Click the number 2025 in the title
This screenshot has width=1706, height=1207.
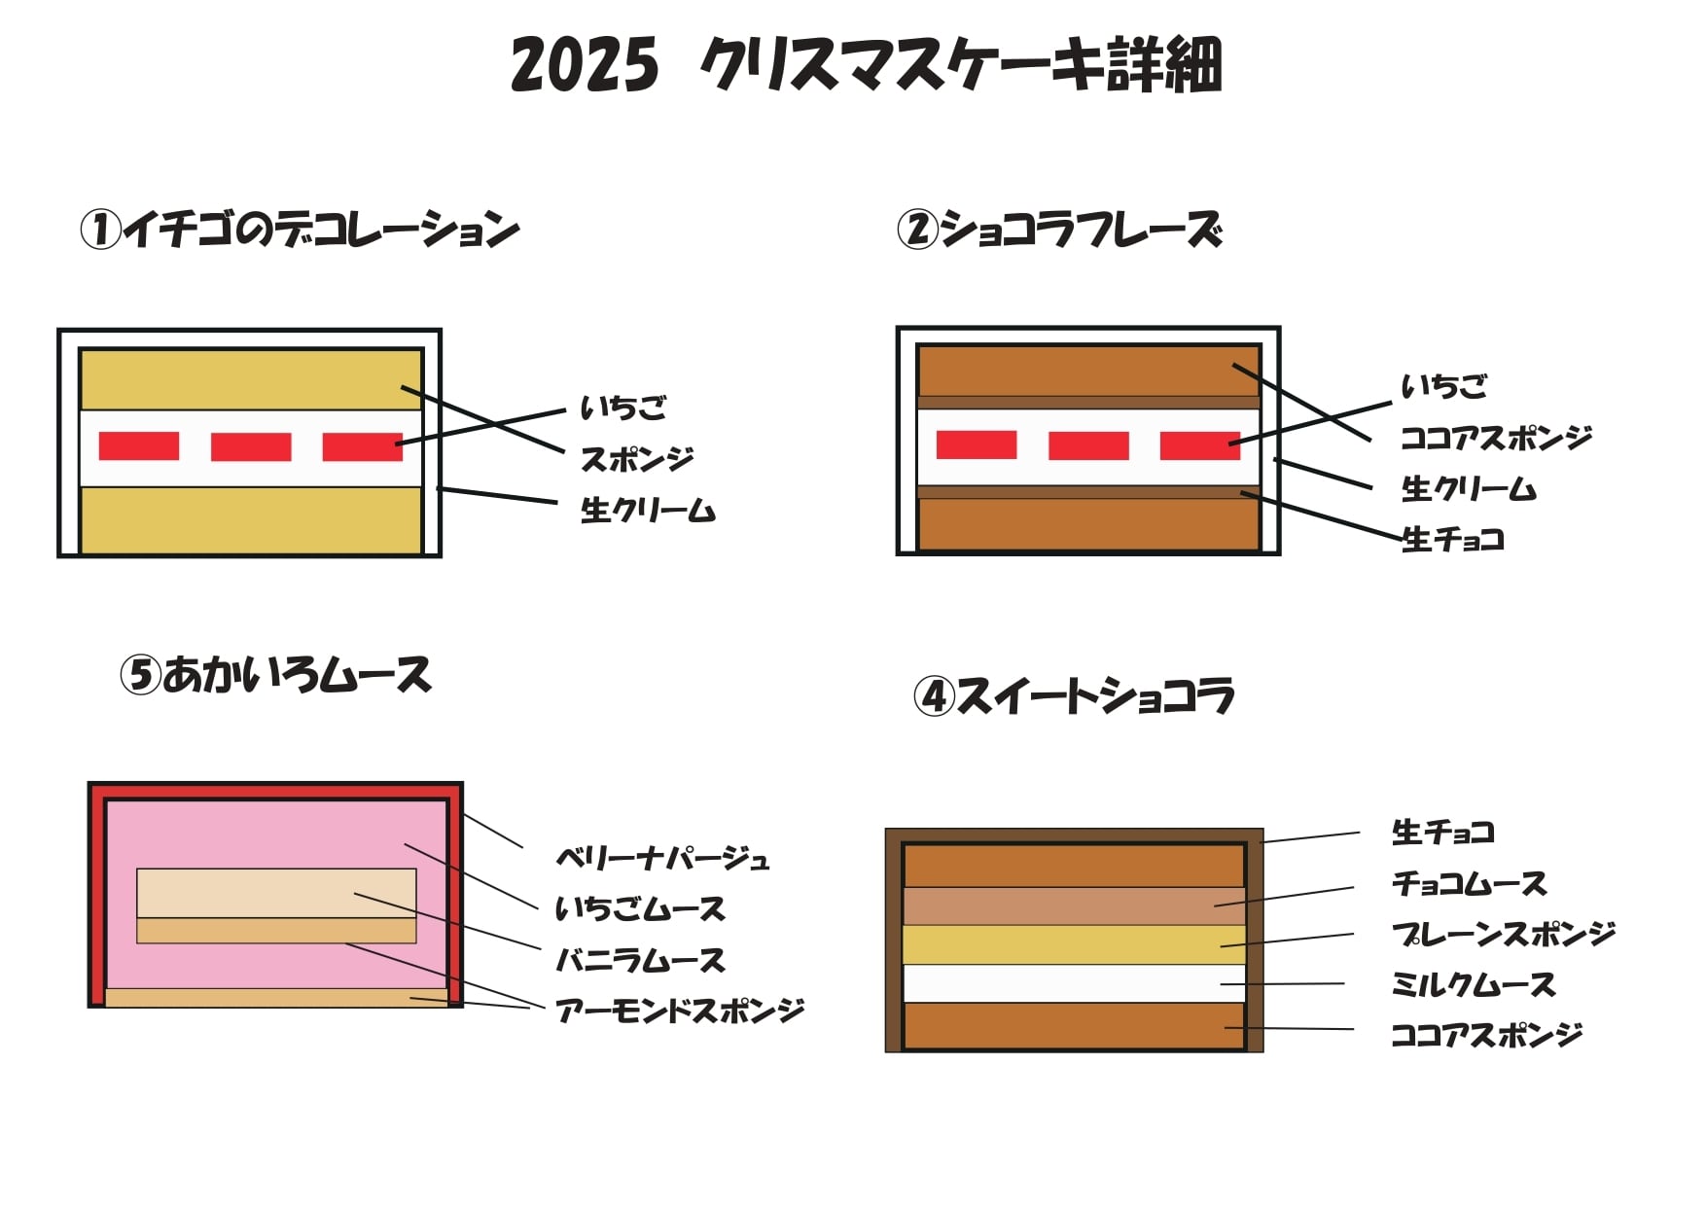pyautogui.click(x=585, y=66)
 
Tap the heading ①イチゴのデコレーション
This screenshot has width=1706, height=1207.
pyautogui.click(x=300, y=231)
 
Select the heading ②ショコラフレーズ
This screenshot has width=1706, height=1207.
pyautogui.click(x=1059, y=231)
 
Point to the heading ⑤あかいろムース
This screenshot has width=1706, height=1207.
pyautogui.click(x=275, y=675)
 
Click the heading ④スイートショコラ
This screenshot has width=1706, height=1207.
pyautogui.click(x=1074, y=696)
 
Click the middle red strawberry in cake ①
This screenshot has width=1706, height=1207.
pyautogui.click(x=251, y=446)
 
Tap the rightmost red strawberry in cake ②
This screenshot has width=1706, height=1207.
pyautogui.click(x=1200, y=444)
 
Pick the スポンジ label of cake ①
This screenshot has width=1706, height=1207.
pyautogui.click(x=637, y=459)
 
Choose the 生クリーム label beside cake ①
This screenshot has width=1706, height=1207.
pyautogui.click(x=648, y=510)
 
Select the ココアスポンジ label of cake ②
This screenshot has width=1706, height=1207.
pyautogui.click(x=1496, y=438)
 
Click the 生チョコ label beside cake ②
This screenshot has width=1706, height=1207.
pyautogui.click(x=1453, y=539)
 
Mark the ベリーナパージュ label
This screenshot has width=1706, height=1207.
pyautogui.click(x=662, y=859)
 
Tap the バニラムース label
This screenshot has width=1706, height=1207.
pyautogui.click(x=640, y=961)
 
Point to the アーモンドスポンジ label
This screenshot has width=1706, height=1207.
pyautogui.click(x=680, y=1012)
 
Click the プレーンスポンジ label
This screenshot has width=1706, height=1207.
pyautogui.click(x=1503, y=934)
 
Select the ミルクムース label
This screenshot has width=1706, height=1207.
pyautogui.click(x=1473, y=984)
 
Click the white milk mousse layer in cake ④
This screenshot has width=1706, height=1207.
pyautogui.click(x=1074, y=983)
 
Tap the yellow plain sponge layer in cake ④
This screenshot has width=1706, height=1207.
pyautogui.click(x=1074, y=944)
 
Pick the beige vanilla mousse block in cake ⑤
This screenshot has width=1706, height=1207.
pyautogui.click(x=276, y=893)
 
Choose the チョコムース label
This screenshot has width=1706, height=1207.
pyautogui.click(x=1469, y=883)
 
